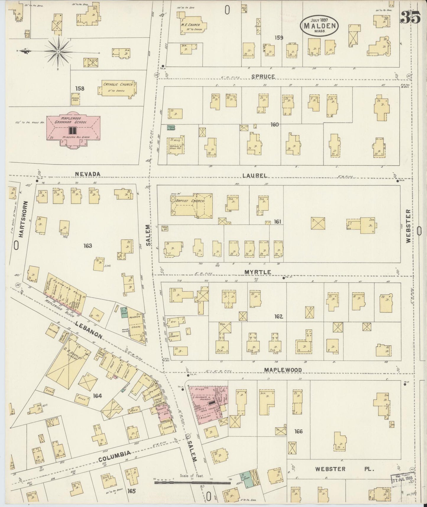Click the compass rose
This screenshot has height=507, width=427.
point(58,52)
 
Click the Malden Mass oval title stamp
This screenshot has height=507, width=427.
point(319,25)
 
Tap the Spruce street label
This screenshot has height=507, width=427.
point(263,77)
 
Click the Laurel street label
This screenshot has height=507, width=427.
point(255,175)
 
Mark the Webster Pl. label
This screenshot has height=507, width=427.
point(345,469)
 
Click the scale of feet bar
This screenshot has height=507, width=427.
point(192,483)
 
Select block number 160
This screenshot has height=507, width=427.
point(275,125)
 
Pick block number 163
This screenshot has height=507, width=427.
point(88,246)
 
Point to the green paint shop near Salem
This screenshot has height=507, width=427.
point(171,127)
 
